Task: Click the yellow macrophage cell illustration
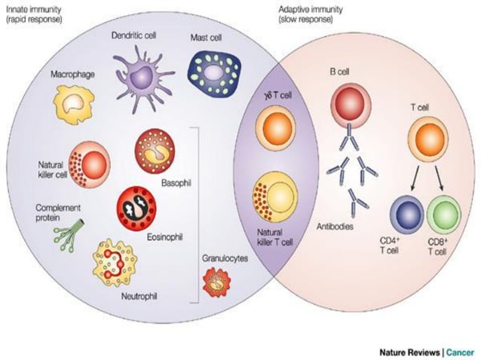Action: tap(75, 105)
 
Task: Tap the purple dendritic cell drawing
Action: tap(142, 74)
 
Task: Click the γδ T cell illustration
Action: tap(271, 127)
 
